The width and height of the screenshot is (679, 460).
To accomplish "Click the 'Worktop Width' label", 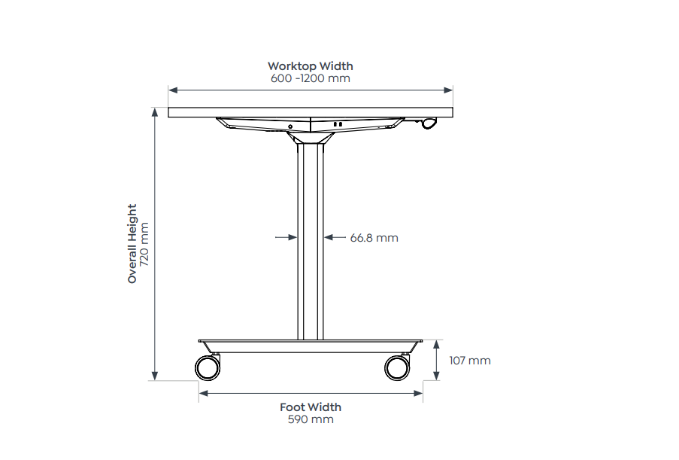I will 310,66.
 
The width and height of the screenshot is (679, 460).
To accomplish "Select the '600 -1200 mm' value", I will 310,78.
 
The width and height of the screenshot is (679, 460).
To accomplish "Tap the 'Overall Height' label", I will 132,243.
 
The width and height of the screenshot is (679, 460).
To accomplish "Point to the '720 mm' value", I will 145,243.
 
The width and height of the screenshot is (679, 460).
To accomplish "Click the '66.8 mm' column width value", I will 374,238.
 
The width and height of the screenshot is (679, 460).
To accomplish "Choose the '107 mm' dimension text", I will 469,361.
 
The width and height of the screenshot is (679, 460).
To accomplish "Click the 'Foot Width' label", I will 311,407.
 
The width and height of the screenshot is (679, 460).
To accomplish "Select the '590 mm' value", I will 311,419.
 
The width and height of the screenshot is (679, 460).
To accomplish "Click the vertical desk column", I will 310,241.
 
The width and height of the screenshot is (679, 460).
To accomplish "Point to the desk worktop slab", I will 310,112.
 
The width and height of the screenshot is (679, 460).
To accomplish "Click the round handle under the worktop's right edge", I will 429,123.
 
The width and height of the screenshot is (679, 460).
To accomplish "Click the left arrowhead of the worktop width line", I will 172,90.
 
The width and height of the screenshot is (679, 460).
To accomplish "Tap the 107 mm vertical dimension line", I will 437,361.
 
